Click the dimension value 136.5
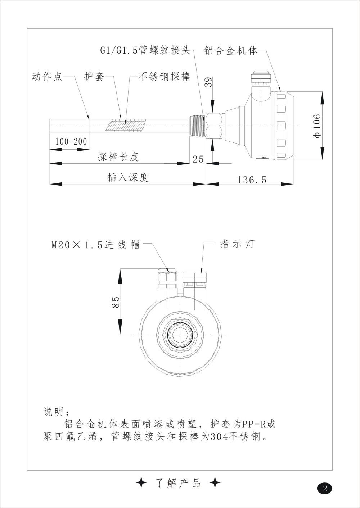pos(252,180)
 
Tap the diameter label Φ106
pos(316,126)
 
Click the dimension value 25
pos(198,159)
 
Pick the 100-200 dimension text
pos(71,141)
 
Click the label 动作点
pos(47,77)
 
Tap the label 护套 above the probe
pos(94,77)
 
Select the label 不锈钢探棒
pos(165,77)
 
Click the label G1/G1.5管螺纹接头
pos(145,51)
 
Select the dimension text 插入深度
pos(128,177)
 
